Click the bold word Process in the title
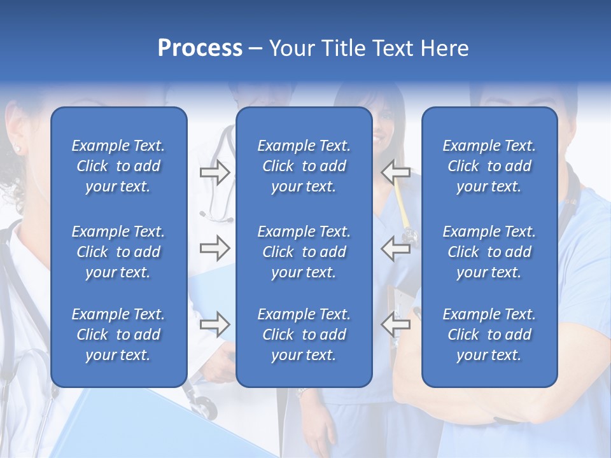tap(200, 48)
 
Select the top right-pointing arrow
tap(214, 172)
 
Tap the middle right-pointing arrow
tap(214, 248)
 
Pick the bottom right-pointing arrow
tap(214, 324)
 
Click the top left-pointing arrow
tap(395, 172)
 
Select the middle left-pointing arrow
tap(395, 248)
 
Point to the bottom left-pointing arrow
tap(395, 324)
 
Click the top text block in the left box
tap(118, 166)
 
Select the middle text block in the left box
tap(118, 252)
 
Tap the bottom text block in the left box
tap(118, 335)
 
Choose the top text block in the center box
tap(304, 166)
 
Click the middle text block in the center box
tap(304, 252)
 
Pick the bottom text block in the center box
tap(304, 335)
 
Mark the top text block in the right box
tap(489, 166)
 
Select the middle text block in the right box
tap(489, 252)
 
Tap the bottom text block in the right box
tap(489, 335)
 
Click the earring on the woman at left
tap(17, 149)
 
